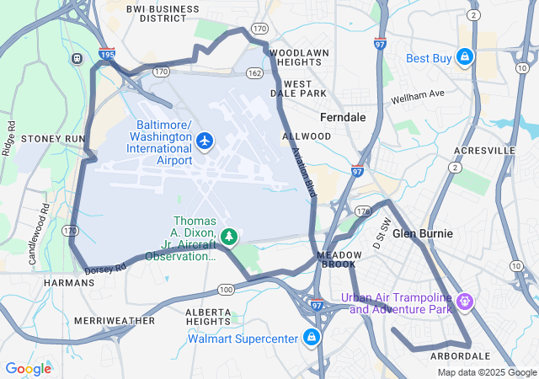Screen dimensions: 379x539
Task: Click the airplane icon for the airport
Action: tap(205, 139)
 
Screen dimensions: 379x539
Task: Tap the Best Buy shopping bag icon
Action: tap(463, 58)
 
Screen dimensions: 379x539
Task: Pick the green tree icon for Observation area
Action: tap(229, 237)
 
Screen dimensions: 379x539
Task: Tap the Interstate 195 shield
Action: tap(106, 53)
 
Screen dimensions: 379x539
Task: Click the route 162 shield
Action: tap(254, 73)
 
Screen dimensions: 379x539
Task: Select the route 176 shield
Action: tap(363, 210)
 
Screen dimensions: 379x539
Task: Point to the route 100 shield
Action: tap(225, 290)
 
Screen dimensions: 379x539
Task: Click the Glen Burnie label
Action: tap(423, 233)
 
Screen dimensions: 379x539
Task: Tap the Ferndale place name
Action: tap(343, 117)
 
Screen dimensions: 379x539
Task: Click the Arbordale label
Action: tap(461, 356)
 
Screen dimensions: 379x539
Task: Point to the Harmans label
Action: tap(69, 283)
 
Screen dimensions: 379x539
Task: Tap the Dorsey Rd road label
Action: tap(105, 268)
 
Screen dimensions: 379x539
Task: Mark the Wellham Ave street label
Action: tap(416, 97)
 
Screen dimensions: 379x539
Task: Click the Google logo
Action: tap(28, 368)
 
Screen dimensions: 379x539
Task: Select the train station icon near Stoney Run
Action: tap(77, 58)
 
